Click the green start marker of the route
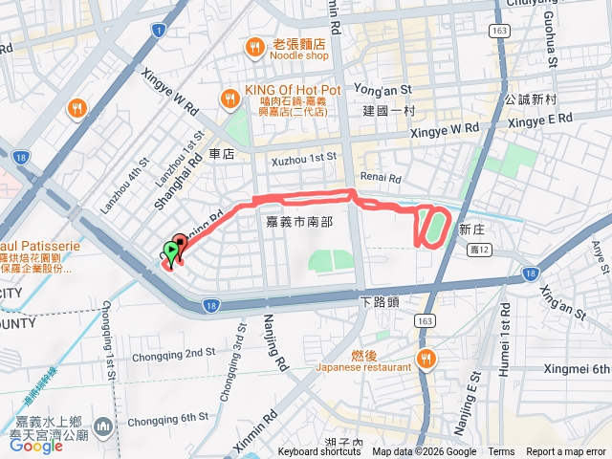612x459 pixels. point(171,252)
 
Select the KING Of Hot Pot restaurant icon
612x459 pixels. point(229,98)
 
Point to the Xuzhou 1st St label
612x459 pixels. point(304,155)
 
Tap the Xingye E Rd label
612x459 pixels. point(539,120)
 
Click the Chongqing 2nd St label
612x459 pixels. point(172,353)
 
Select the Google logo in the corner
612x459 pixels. point(35,446)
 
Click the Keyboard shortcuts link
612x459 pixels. point(319,452)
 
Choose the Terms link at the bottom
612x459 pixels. point(501,452)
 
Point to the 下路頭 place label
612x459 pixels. point(379,301)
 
